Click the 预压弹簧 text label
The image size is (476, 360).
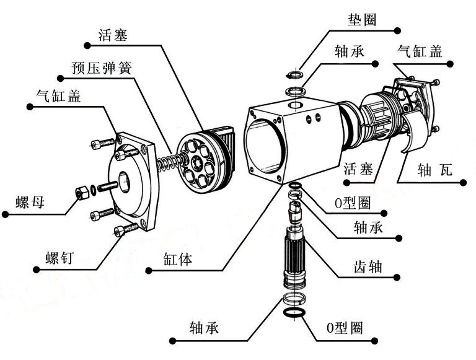click(x=102, y=66)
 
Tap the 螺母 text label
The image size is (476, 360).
click(x=30, y=201)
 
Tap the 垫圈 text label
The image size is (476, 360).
click(x=361, y=18)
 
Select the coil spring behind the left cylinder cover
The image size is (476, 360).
click(x=166, y=164)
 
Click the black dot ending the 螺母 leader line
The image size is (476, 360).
click(x=5, y=214)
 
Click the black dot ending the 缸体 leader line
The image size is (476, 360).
click(x=148, y=270)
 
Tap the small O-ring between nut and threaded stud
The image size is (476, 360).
click(x=93, y=188)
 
